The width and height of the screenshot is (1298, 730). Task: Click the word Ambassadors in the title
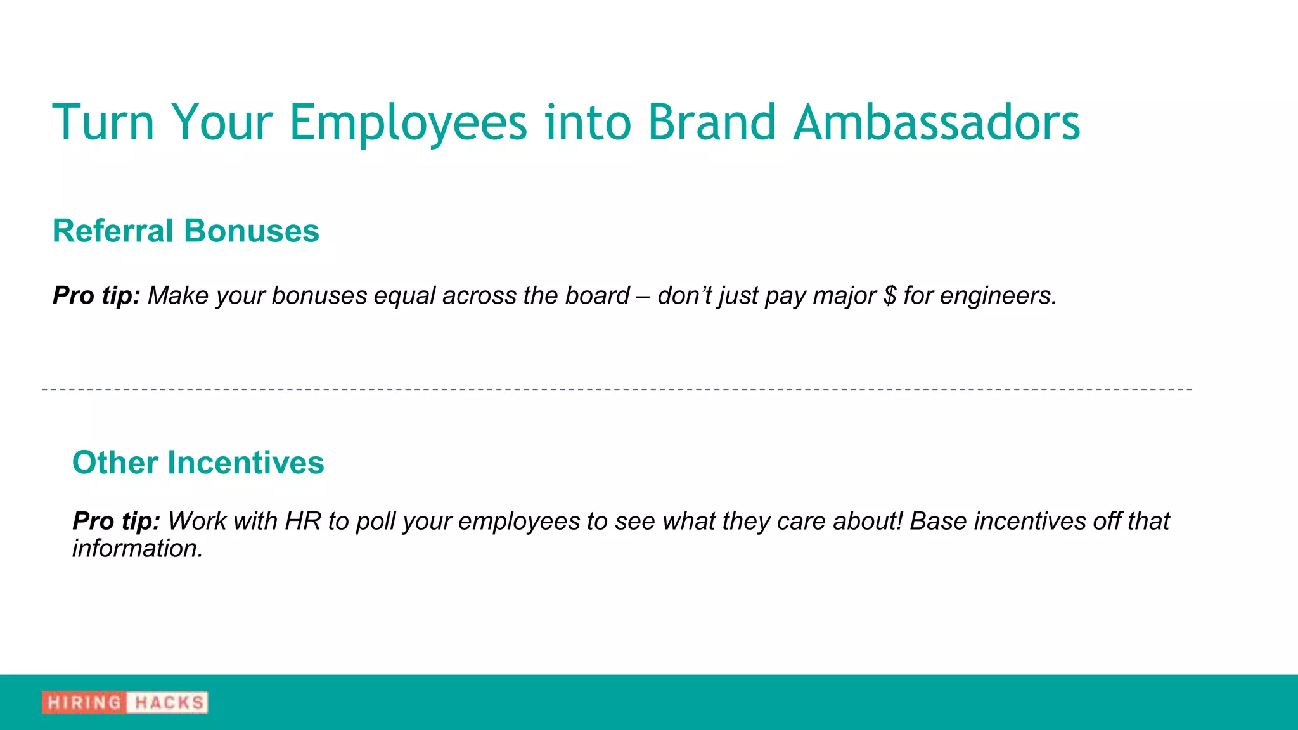[x=937, y=122]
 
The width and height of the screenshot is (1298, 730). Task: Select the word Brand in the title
[x=712, y=122]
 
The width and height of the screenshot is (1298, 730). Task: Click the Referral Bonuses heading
[x=186, y=231]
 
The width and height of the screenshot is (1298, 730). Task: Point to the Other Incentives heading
[x=198, y=463]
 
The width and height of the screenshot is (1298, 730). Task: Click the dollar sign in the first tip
[x=890, y=296]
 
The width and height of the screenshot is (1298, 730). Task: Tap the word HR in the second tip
[x=303, y=522]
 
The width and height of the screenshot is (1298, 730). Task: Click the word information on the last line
[x=137, y=549]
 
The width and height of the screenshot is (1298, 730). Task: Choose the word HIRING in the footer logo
[x=84, y=703]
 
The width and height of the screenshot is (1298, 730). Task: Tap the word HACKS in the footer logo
[x=169, y=703]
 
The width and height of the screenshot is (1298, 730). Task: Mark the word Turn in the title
[x=104, y=122]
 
